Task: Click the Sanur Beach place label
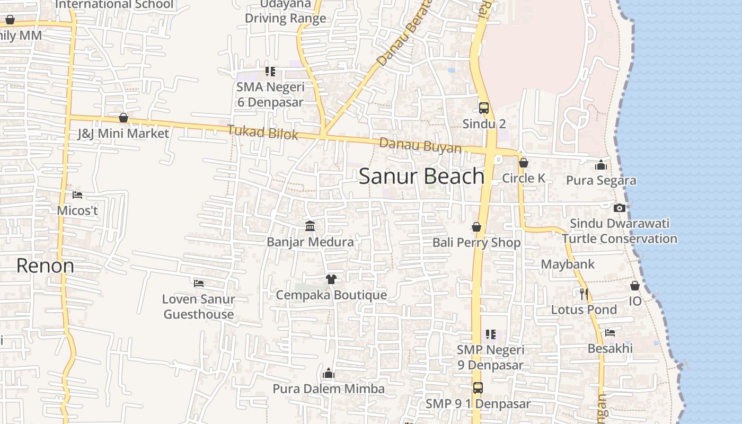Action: pos(421,176)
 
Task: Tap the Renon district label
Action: pos(45,266)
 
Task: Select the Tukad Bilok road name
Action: pos(263,132)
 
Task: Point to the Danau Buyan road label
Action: pos(420,145)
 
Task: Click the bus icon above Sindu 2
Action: pos(484,108)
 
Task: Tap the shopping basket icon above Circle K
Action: pos(524,163)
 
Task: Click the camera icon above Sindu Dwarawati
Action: pos(619,208)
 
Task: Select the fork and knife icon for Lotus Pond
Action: pos(584,294)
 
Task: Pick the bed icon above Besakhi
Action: pos(610,333)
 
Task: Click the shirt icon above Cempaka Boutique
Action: pos(331,279)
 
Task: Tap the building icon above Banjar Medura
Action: pos(310,226)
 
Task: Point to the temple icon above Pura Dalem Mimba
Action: pos(329,373)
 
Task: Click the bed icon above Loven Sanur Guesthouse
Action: pos(199,284)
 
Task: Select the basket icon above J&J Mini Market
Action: pos(123,118)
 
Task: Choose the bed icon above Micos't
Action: pos(77,195)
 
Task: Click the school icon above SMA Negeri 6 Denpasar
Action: pos(270,71)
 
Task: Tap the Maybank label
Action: pos(568,264)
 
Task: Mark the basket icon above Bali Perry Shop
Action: pos(476,227)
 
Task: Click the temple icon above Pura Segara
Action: pos(600,165)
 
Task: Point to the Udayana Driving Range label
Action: pos(285,11)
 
